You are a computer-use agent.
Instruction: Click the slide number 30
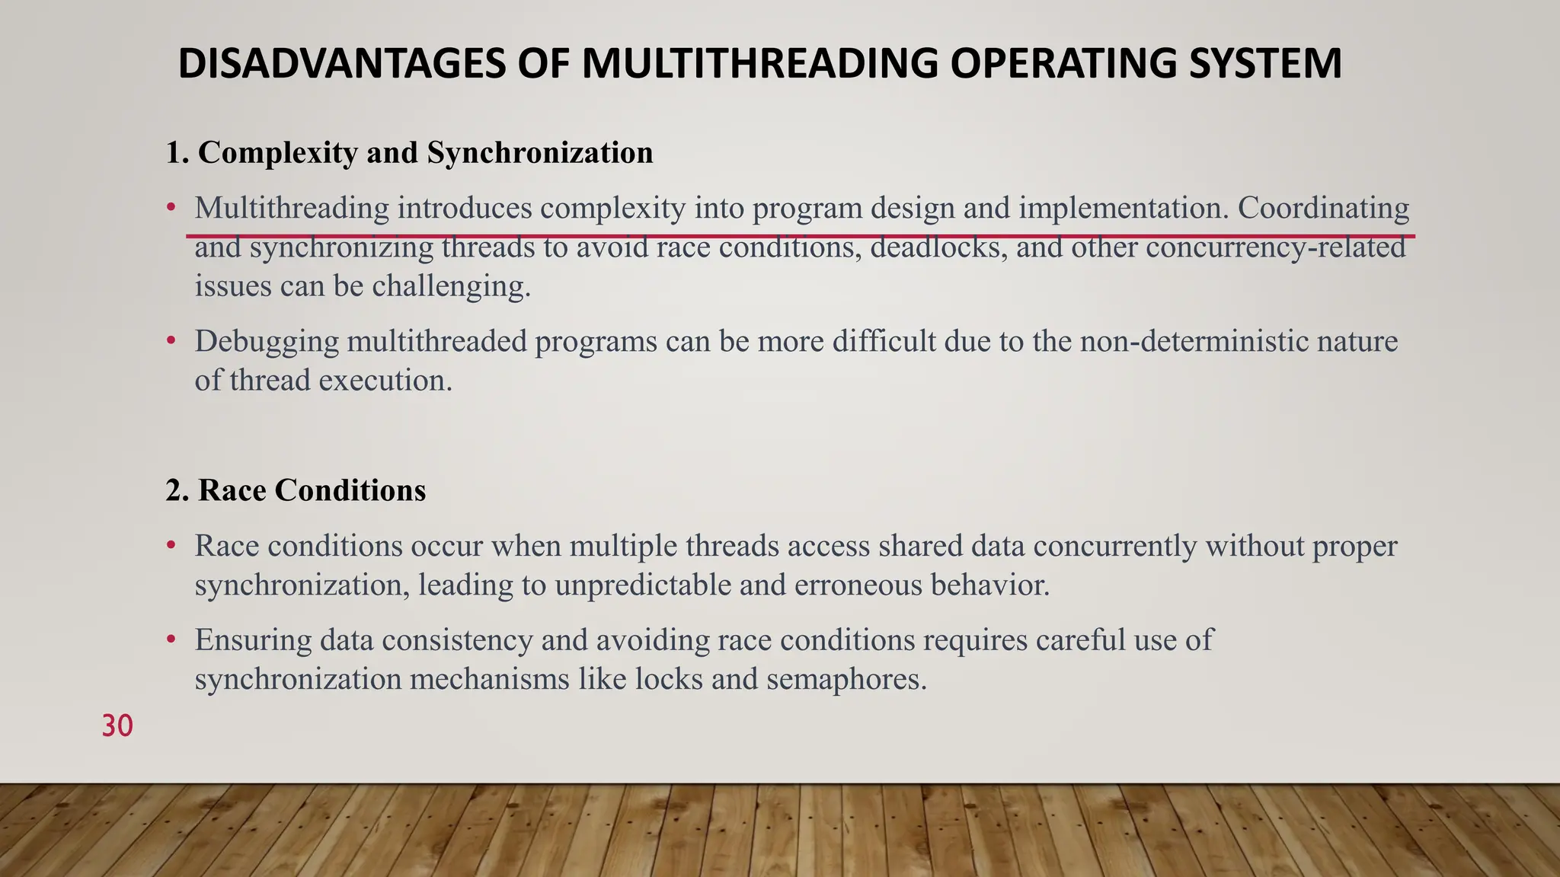(117, 726)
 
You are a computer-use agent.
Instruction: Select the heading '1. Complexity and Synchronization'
(410, 152)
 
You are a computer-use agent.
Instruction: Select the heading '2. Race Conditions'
(296, 490)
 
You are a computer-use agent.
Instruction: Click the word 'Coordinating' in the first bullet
(1323, 208)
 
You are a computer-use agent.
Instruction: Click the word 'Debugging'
(267, 341)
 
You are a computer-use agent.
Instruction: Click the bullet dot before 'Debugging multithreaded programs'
(171, 340)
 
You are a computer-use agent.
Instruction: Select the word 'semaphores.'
(846, 679)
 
